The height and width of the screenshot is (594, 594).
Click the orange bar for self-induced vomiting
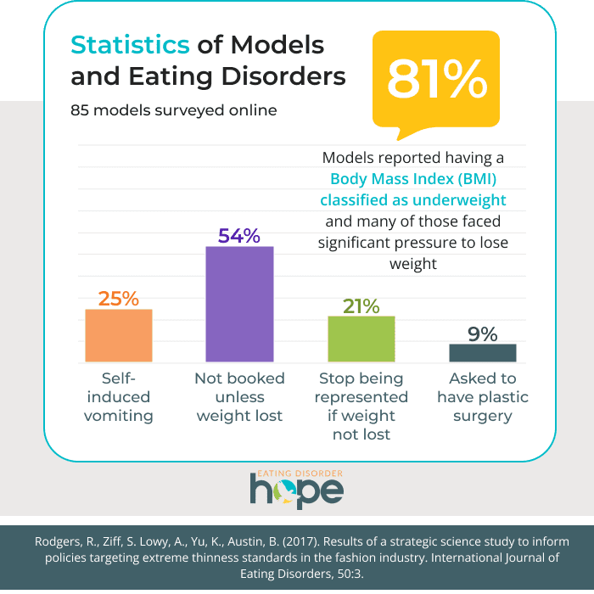tap(119, 336)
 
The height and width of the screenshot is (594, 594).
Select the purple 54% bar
tap(239, 305)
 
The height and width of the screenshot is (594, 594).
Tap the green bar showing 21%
tap(361, 339)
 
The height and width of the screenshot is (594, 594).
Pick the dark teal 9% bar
tap(482, 353)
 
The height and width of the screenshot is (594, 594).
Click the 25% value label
tap(119, 298)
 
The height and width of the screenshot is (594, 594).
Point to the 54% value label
tap(239, 235)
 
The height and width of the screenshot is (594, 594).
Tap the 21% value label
tap(361, 305)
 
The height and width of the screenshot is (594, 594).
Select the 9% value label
tap(482, 333)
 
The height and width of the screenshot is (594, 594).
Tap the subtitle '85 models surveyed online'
tap(173, 109)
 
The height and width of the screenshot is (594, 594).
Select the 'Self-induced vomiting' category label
tap(119, 397)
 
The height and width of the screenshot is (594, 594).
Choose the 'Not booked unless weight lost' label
tap(239, 397)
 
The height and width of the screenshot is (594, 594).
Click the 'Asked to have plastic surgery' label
tap(482, 397)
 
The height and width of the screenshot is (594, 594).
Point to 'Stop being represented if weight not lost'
tap(361, 406)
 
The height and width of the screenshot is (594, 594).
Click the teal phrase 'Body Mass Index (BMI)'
tap(412, 179)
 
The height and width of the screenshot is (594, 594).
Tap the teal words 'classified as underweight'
tap(412, 200)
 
